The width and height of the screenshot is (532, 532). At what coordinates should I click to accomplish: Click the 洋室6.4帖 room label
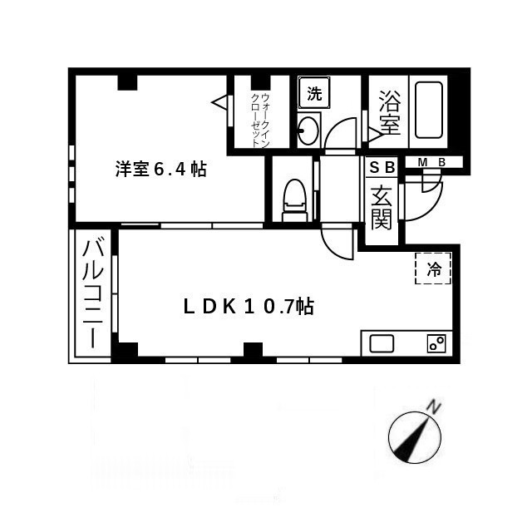(x=160, y=169)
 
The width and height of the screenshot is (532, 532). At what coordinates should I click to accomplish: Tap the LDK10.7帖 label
(x=249, y=307)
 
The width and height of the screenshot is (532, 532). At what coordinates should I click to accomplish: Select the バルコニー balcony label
(x=92, y=293)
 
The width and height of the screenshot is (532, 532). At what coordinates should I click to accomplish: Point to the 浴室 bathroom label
(x=390, y=113)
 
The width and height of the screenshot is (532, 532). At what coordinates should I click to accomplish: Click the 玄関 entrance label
(x=382, y=208)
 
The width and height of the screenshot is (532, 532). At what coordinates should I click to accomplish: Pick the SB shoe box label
(x=382, y=167)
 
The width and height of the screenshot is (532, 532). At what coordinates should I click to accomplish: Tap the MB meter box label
(x=431, y=163)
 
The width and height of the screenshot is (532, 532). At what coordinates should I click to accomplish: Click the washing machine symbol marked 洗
(x=314, y=92)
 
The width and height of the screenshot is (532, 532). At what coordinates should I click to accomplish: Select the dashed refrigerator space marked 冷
(x=433, y=268)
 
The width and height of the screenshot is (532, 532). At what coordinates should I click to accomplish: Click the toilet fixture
(x=294, y=200)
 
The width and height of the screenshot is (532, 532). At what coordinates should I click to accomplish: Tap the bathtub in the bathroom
(x=429, y=110)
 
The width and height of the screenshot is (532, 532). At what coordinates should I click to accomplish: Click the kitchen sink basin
(x=382, y=343)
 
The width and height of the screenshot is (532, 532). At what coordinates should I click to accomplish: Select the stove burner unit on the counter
(x=436, y=343)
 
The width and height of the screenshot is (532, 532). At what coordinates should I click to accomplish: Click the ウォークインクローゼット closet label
(x=260, y=120)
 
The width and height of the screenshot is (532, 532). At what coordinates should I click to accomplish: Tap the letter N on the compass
(x=433, y=406)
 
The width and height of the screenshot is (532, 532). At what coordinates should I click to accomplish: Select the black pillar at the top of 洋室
(x=127, y=82)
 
